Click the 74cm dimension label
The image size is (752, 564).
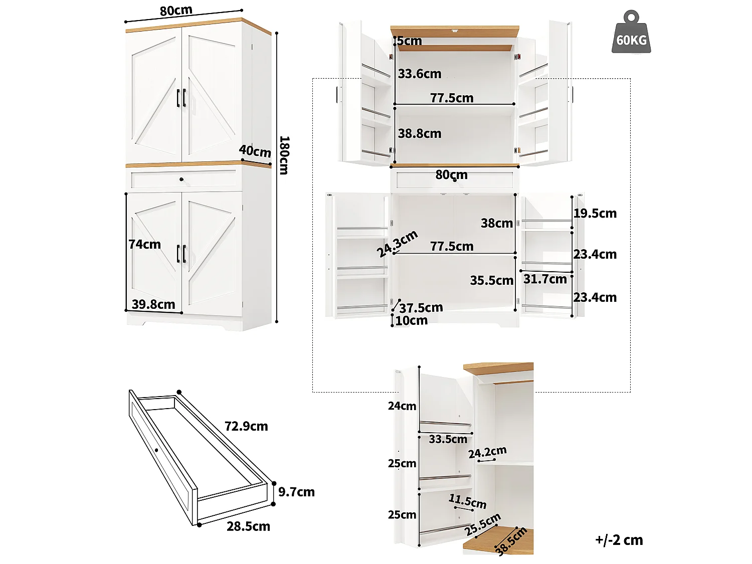pos(144,244)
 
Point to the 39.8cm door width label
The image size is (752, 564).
pos(153,304)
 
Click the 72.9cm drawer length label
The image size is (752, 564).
pos(246,426)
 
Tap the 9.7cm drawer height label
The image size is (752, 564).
pos(296,492)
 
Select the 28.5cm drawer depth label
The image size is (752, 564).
pos(248,526)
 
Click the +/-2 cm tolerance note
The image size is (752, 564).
pos(619,540)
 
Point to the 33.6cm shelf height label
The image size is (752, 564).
pos(420,74)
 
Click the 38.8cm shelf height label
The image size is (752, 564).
pos(420,133)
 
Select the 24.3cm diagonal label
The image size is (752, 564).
pos(397,244)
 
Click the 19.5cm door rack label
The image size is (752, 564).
pos(595,213)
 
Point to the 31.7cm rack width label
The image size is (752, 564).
pos(545,279)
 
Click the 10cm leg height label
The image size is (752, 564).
pos(412,320)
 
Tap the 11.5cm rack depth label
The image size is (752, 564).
pos(468,501)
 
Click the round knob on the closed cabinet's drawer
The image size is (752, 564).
pos(181,179)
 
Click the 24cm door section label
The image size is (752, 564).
pos(402,406)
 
